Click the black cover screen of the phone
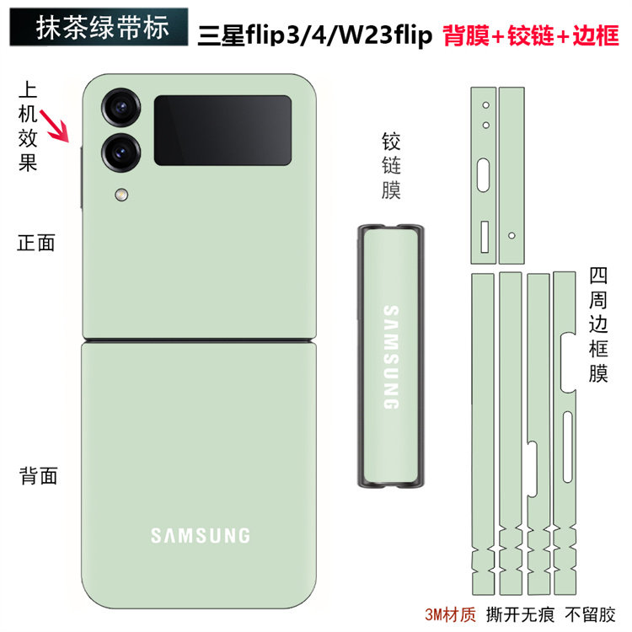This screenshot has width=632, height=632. click(222, 130)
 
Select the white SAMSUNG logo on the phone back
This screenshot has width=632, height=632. click(200, 535)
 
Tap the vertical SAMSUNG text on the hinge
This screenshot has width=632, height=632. click(390, 357)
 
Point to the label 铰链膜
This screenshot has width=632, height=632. click(391, 165)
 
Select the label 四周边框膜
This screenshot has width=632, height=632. click(598, 324)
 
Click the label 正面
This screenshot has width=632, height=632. click(37, 244)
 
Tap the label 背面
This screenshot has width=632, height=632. click(38, 475)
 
